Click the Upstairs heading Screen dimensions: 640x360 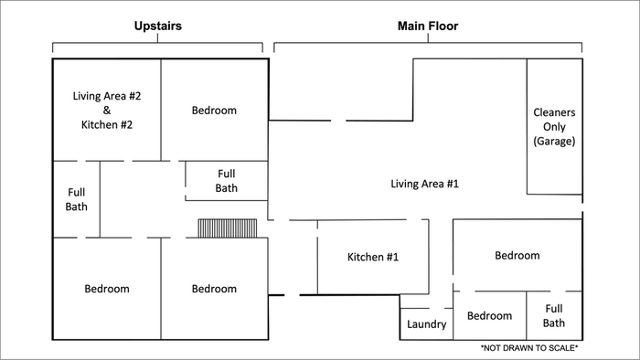click(158, 26)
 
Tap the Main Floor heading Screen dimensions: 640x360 click(428, 26)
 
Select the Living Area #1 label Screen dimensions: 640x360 click(424, 184)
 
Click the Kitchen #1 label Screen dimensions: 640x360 click(373, 257)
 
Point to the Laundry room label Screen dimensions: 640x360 click(427, 324)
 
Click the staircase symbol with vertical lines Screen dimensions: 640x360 click(228, 228)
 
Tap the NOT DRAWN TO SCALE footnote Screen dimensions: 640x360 click(529, 348)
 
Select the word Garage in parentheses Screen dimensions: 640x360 click(554, 141)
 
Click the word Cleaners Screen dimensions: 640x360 click(554, 112)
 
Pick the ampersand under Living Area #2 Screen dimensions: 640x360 click(107, 110)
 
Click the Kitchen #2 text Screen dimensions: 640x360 click(107, 124)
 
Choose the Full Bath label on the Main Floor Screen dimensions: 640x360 click(554, 315)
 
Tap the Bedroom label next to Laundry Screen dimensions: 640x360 click(489, 315)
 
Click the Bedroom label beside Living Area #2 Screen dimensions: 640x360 click(214, 110)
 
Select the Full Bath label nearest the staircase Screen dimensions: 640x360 click(227, 181)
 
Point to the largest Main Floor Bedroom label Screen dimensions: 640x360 click(517, 255)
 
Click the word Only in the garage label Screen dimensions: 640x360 click(554, 127)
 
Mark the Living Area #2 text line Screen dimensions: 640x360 click(107, 96)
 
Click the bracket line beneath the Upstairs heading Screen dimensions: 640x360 click(157, 43)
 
